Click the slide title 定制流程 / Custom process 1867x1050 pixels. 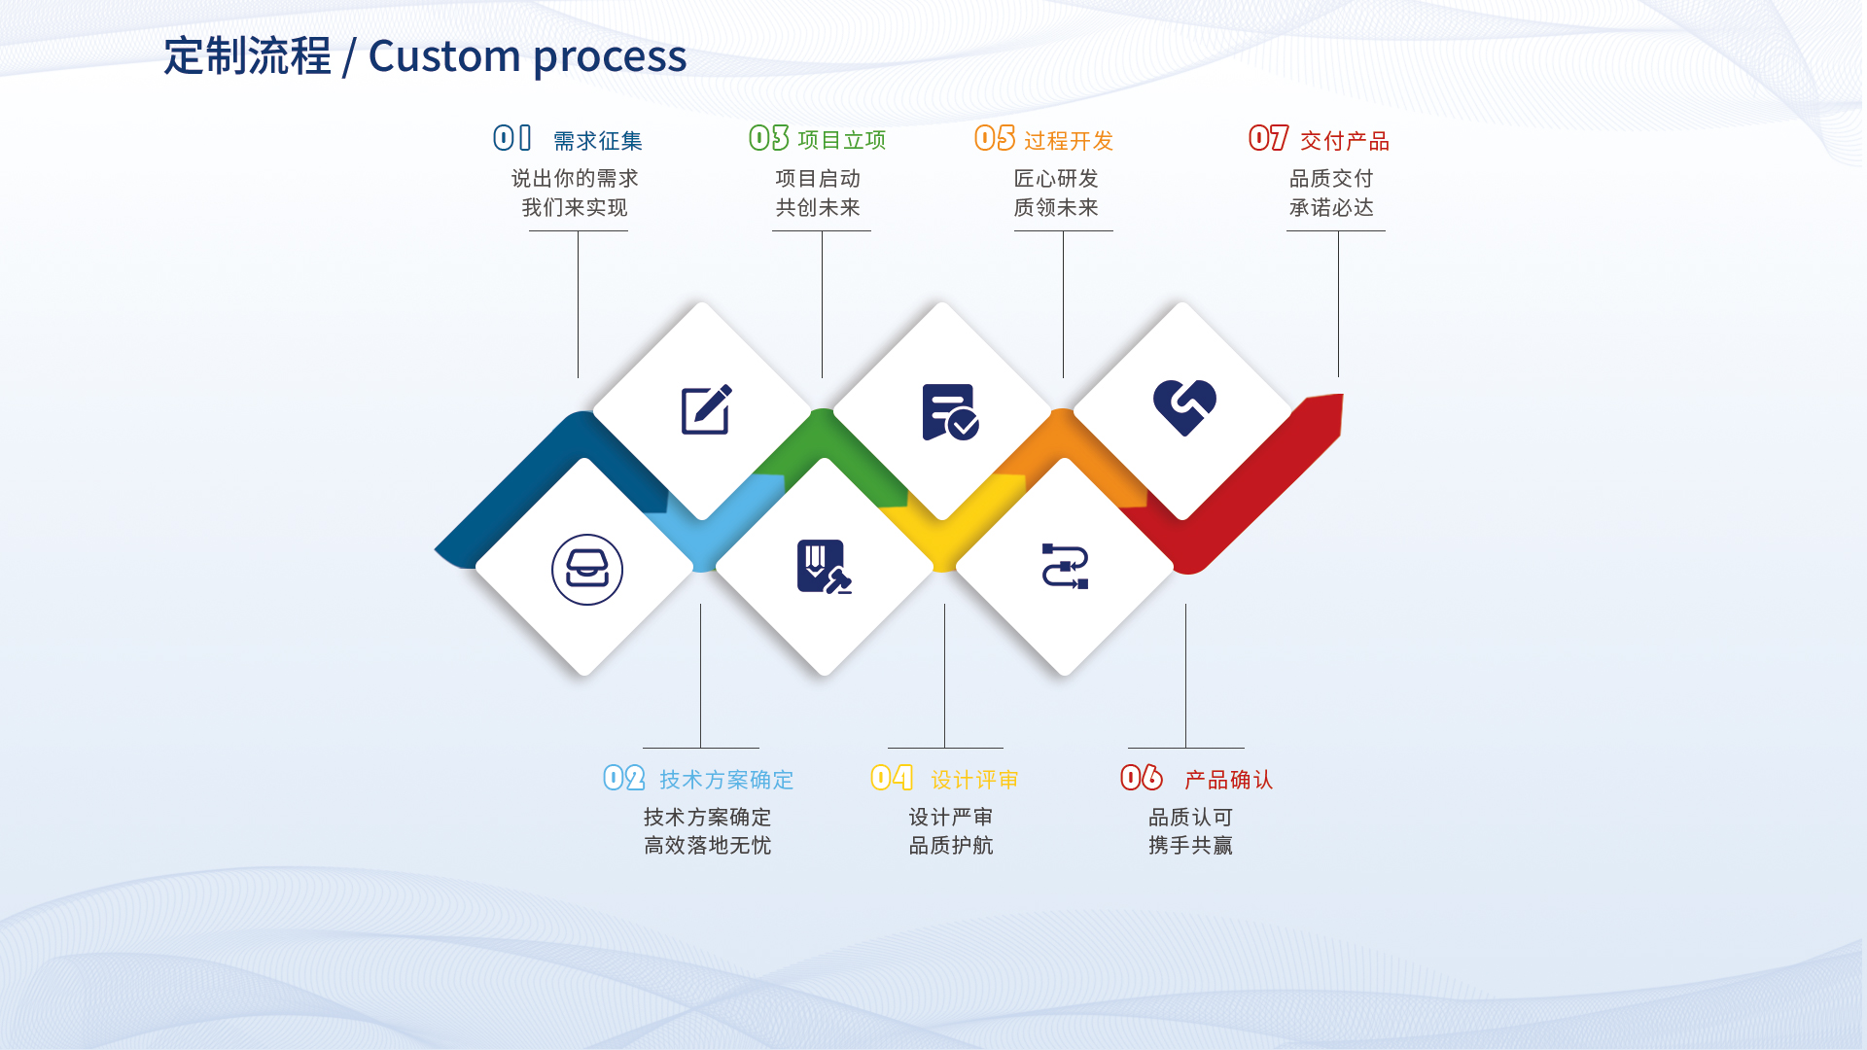425,56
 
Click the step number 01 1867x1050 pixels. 512,138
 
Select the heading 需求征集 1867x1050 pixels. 598,141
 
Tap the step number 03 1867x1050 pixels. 769,138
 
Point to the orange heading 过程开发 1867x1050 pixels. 1069,141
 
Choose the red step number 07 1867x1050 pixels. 1269,138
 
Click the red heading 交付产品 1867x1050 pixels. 1345,141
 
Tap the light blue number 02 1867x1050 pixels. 624,778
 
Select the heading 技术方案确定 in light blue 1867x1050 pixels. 726,780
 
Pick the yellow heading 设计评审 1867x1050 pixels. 975,780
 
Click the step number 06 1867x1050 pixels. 1142,778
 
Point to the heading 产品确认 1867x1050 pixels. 1229,780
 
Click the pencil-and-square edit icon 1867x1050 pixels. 707,409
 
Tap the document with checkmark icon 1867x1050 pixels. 950,412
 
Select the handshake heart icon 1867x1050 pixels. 1184,407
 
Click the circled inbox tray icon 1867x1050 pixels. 587,570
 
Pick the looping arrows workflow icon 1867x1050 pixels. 1065,567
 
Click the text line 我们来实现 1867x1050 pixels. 575,208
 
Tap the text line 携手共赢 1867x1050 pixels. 1191,846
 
